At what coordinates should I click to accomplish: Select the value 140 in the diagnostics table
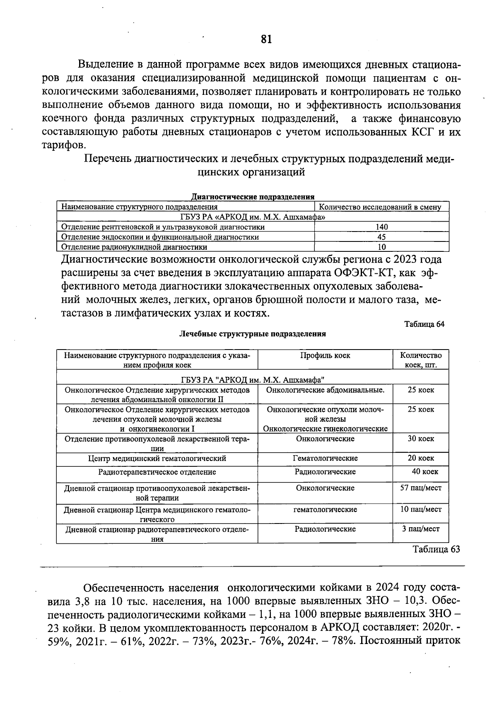tap(381, 227)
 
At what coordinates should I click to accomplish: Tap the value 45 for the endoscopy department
tap(381, 237)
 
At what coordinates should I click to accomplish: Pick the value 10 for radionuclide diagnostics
tap(381, 247)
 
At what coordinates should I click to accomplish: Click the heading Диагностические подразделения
tap(253, 197)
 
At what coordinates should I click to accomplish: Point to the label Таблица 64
tap(424, 324)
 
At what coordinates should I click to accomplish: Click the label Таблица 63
tap(436, 549)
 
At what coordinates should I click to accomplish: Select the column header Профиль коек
tap(325, 355)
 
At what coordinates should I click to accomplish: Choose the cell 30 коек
tap(421, 439)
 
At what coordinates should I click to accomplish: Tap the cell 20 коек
tap(421, 458)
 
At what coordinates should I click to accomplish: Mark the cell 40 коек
tap(425, 472)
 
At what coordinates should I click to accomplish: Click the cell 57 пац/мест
tap(421, 488)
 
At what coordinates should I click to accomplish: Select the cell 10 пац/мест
tap(421, 509)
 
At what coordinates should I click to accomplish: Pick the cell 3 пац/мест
tap(421, 529)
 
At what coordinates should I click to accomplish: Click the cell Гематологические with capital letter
tap(325, 458)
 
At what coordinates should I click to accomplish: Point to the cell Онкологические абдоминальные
tap(325, 390)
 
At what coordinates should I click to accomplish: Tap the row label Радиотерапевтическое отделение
tap(157, 472)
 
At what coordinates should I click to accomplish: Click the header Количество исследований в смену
tap(381, 207)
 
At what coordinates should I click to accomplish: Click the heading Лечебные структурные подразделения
tap(252, 334)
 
